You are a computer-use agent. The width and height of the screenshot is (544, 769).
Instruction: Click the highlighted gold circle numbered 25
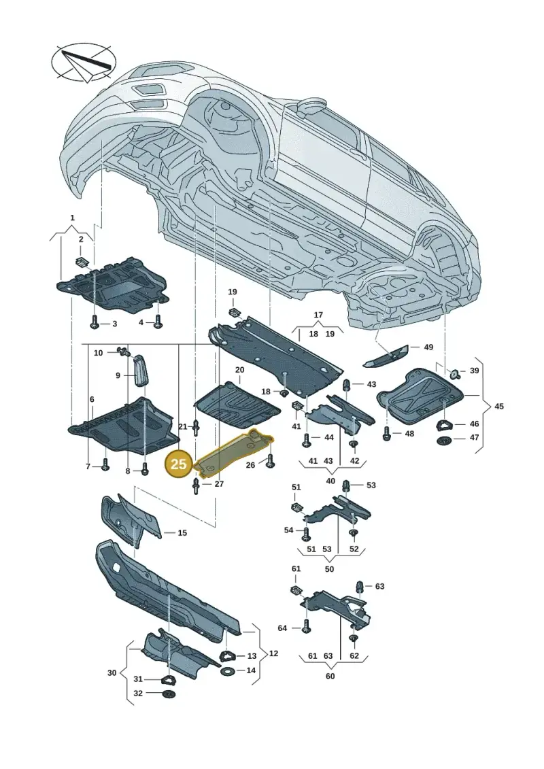click(179, 464)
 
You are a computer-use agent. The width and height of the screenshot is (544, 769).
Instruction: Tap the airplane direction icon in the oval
click(84, 61)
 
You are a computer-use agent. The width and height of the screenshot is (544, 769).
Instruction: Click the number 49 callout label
click(428, 347)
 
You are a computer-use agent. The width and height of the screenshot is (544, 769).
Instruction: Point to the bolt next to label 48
click(386, 432)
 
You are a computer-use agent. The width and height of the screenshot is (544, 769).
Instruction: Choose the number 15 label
click(182, 532)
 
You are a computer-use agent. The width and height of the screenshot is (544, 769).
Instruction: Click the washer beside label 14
click(228, 670)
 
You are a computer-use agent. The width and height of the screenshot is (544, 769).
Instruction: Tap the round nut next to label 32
click(168, 694)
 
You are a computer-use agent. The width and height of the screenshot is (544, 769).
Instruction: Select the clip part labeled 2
click(82, 261)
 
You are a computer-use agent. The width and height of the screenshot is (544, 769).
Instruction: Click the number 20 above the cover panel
click(239, 369)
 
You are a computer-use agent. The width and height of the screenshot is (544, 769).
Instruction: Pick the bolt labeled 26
click(270, 462)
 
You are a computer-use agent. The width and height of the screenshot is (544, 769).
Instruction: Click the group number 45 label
click(499, 406)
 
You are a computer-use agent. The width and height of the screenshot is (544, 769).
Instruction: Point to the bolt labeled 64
click(307, 628)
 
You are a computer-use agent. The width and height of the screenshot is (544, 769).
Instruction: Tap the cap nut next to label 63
click(360, 587)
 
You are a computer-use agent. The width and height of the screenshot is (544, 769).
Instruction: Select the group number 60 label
click(330, 676)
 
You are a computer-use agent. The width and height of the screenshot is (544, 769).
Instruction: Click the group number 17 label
click(318, 315)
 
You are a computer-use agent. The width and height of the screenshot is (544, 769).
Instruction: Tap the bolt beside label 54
click(307, 531)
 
